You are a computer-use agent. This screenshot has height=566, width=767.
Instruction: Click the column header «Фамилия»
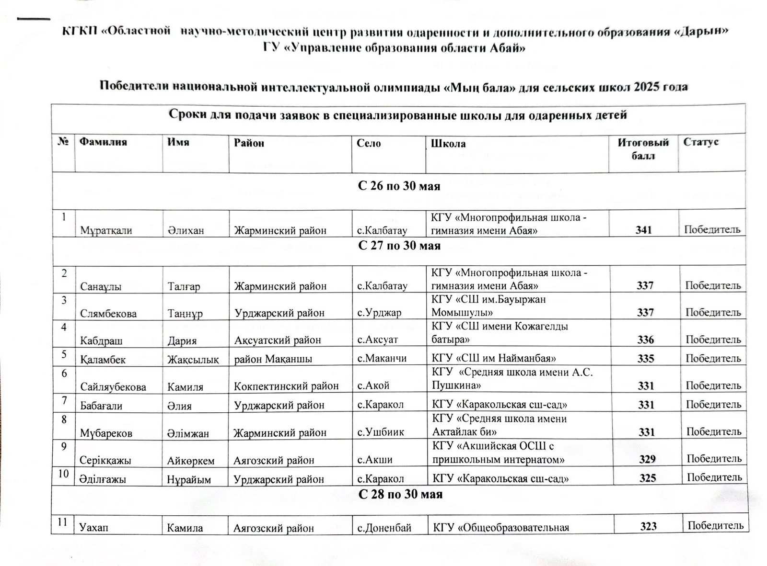coord(103,142)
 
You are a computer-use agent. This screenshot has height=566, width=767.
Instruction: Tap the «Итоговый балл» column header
coord(643,149)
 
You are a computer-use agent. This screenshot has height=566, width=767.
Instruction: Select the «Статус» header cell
coord(701,142)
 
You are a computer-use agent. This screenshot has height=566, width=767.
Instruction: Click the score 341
coord(643,230)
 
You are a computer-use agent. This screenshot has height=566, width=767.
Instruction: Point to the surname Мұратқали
coord(106,230)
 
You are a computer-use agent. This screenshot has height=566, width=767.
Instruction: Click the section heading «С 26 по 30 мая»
coord(399,186)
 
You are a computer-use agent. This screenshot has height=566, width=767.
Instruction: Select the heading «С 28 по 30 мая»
coord(400,494)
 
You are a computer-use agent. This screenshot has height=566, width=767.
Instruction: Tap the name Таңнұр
coord(185,314)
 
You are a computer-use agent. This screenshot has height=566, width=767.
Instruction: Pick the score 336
coord(646,340)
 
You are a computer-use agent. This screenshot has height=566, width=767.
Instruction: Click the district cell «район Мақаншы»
coord(273,359)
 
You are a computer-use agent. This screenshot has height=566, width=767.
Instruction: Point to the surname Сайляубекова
coord(113,386)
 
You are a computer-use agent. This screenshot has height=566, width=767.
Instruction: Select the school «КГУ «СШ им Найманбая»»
coord(494,358)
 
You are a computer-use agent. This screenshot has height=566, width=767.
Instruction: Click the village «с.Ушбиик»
coord(381,432)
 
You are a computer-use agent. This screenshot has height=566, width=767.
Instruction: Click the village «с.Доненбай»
coord(384,528)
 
